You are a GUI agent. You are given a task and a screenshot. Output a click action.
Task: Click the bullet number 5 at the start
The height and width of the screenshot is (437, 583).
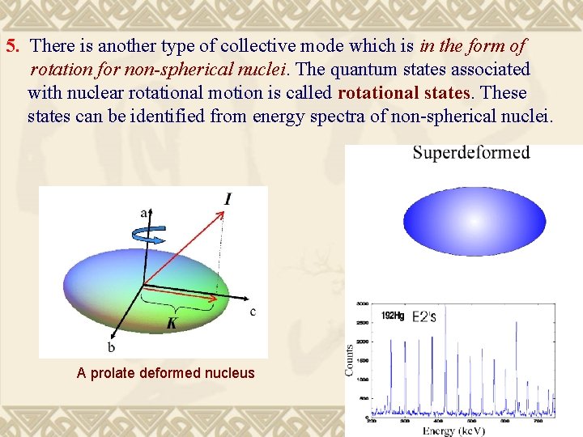(x=12, y=46)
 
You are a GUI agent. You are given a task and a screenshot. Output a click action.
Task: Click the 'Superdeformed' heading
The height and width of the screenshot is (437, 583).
(x=471, y=153)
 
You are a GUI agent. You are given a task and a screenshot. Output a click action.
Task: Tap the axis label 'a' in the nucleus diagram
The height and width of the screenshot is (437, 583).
(x=144, y=213)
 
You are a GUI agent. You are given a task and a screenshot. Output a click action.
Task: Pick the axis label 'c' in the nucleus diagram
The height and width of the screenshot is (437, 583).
(x=253, y=312)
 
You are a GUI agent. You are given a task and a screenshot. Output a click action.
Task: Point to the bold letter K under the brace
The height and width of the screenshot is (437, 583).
(x=172, y=324)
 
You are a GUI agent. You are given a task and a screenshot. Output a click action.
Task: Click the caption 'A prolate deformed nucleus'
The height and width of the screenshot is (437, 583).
(x=165, y=373)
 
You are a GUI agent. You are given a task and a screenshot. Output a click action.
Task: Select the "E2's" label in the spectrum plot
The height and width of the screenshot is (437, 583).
(x=424, y=316)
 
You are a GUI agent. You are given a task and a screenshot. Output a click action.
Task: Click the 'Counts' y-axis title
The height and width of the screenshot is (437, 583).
(x=349, y=359)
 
